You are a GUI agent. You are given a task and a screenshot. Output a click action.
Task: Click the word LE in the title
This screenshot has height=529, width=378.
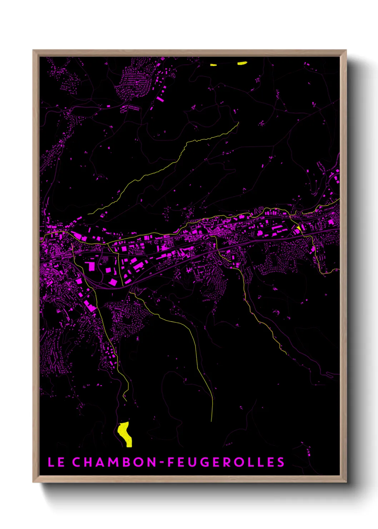(x=56, y=462)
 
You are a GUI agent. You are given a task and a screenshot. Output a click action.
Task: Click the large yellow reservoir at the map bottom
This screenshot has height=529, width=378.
(x=125, y=434)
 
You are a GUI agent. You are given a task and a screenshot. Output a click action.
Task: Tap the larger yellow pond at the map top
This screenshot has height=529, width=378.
(x=242, y=63)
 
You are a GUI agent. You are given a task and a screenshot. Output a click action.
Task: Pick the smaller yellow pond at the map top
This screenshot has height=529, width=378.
(x=213, y=65)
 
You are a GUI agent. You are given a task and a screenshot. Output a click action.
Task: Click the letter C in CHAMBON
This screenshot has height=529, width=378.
(x=76, y=462)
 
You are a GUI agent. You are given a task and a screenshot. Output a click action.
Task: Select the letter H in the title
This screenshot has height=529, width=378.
(x=88, y=462)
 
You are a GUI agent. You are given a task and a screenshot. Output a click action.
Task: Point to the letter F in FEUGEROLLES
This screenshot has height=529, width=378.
(x=171, y=462)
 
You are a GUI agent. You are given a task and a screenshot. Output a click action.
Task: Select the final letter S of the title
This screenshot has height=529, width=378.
(x=281, y=462)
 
